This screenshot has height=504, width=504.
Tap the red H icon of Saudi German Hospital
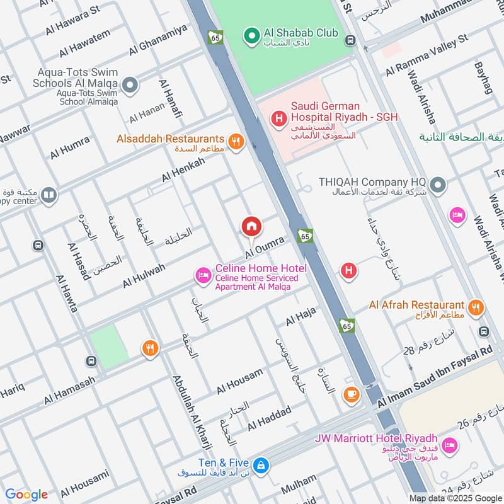click(x=278, y=117)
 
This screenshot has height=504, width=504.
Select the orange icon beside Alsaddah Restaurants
click(x=236, y=141)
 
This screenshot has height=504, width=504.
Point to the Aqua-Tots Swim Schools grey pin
click(x=130, y=84)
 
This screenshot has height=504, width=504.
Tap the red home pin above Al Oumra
click(x=251, y=226)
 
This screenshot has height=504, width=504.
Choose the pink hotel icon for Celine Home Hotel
click(x=203, y=275)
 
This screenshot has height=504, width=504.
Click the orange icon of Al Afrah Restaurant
click(x=476, y=307)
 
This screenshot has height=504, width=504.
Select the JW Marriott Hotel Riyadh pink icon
click(x=449, y=446)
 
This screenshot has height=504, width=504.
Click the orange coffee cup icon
click(x=351, y=394)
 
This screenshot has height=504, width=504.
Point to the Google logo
click(x=26, y=495)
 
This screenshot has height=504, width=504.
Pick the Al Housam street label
click(x=239, y=381)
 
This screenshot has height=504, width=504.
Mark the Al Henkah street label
click(x=183, y=169)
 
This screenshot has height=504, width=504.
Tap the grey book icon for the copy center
click(x=49, y=196)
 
